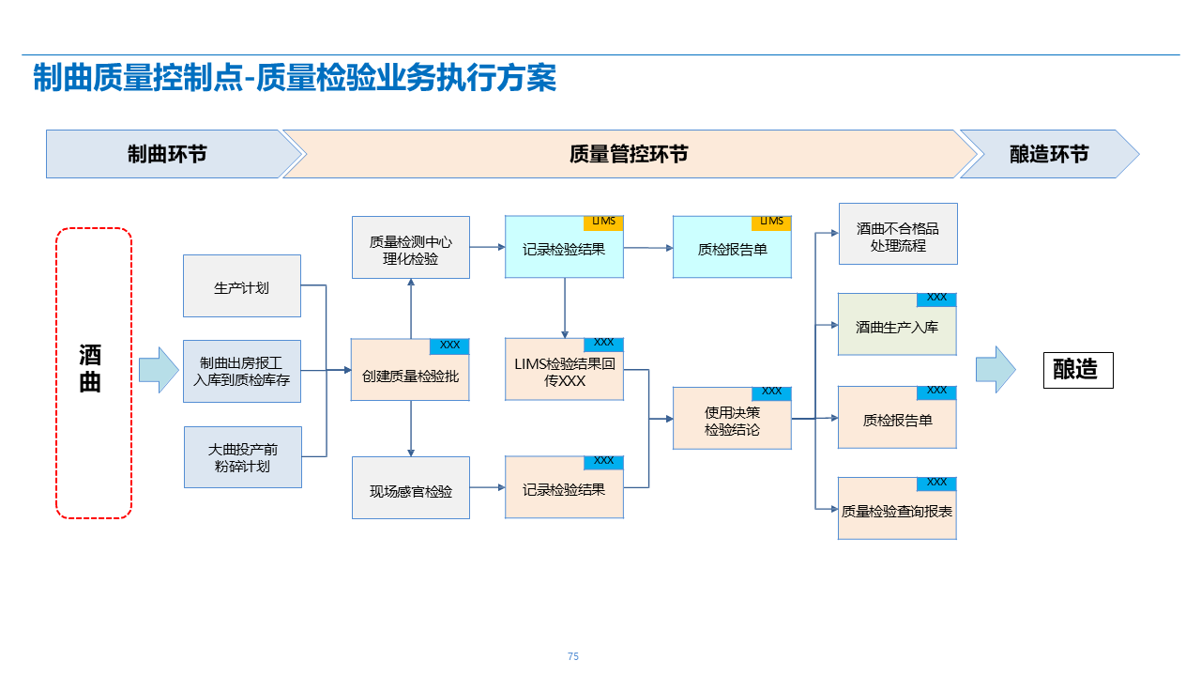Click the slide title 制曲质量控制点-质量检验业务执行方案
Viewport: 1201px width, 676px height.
[295, 78]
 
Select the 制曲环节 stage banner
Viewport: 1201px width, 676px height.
[167, 154]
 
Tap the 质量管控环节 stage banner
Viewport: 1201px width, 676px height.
[629, 154]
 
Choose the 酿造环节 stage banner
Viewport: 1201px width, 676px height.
[1048, 154]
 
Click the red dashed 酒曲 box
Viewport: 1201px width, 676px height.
[93, 373]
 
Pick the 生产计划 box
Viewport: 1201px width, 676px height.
[242, 286]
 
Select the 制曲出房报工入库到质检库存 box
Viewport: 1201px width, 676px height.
[242, 372]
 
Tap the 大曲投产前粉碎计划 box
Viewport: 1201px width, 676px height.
[242, 457]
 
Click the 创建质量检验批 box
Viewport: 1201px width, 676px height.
[410, 376]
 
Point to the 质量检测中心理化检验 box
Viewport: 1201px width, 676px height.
[410, 249]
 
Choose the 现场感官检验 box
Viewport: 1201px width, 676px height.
[410, 489]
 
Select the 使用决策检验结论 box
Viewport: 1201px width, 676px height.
[732, 421]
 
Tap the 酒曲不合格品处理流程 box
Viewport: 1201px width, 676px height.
[897, 235]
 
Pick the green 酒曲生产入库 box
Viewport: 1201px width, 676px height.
[897, 328]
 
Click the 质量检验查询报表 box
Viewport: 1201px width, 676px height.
[897, 512]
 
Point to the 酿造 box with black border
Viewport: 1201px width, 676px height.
[1078, 370]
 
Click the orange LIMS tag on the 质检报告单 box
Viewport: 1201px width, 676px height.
[771, 222]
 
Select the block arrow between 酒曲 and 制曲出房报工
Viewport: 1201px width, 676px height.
[159, 370]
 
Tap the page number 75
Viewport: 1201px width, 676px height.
[573, 656]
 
